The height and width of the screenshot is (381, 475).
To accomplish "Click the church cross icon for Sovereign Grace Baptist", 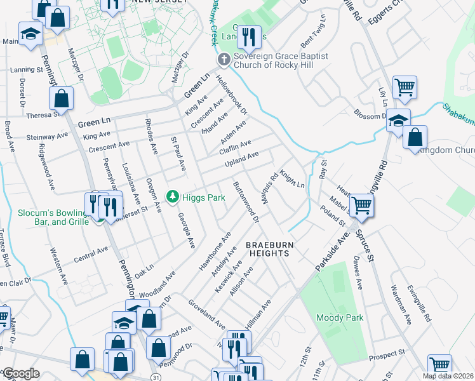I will point(223,60).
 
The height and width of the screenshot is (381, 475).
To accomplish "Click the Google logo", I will point(21,373).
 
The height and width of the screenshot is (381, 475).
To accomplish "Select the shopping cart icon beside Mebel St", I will point(361,205).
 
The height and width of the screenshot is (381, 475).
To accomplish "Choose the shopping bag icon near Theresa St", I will point(61,99).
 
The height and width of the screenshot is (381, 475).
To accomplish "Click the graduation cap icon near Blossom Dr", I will point(398,120).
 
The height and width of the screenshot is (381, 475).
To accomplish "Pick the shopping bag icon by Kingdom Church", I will point(415,137).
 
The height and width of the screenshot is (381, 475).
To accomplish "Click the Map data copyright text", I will point(447,375).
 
